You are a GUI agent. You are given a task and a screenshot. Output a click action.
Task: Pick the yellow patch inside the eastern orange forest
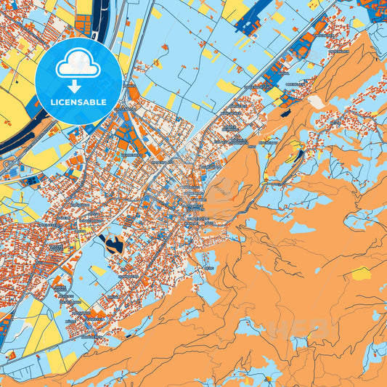coord(361,274)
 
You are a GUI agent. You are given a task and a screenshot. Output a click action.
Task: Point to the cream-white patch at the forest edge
coord(317,102)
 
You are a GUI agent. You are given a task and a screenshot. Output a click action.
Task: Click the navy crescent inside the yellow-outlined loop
coord(296,153)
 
